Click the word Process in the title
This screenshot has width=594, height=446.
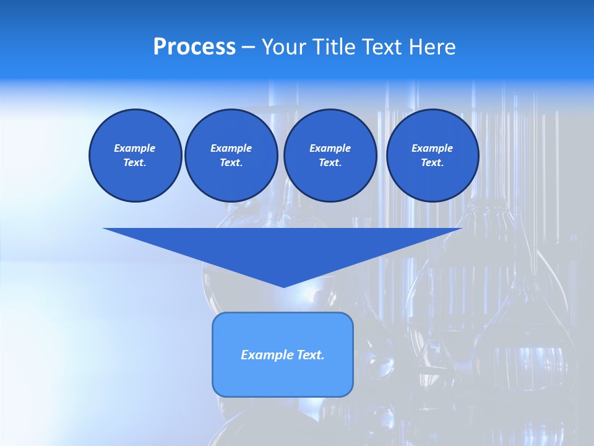tap(194, 47)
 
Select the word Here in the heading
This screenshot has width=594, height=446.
tap(433, 47)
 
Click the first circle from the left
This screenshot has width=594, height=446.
tap(135, 155)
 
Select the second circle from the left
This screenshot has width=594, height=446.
tap(231, 155)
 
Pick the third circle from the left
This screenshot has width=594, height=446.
tap(330, 155)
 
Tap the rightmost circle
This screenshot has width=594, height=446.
tap(432, 155)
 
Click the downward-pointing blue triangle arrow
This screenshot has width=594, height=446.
tap(283, 248)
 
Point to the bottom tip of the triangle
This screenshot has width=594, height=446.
tap(283, 286)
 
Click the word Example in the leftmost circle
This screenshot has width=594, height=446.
tap(135, 148)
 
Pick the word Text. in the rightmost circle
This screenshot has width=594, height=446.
tap(432, 163)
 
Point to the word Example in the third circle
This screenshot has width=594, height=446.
tap(330, 148)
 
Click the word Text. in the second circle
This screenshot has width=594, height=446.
tap(231, 163)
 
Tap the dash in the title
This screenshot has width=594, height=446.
tap(248, 47)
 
